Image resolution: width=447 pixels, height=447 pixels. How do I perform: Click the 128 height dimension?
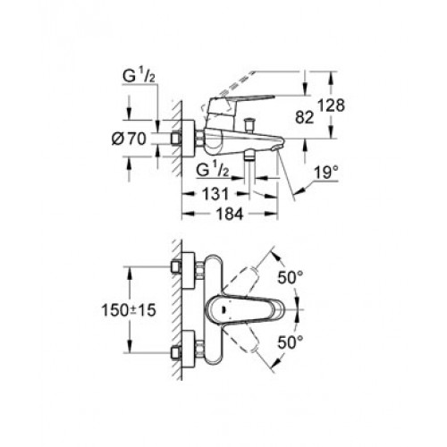[331, 105]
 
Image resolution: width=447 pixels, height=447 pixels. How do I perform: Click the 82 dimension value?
[305, 117]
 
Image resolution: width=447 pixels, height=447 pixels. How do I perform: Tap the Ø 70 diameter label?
[129, 139]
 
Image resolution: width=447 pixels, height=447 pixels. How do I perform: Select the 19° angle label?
[327, 173]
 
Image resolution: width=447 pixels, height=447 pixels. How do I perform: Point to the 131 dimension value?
[215, 194]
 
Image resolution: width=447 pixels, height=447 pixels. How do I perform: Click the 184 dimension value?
[230, 214]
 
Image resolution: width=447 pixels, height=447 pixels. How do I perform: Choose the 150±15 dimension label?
[129, 310]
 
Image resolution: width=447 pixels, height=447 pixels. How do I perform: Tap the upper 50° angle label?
[291, 278]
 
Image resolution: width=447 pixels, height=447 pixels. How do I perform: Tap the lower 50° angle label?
[291, 342]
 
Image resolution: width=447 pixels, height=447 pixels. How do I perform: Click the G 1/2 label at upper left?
[139, 77]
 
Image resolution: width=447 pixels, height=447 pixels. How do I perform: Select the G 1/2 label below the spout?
[213, 170]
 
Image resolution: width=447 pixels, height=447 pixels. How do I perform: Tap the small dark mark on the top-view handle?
[223, 310]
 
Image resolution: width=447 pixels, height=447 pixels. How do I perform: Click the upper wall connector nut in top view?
[176, 266]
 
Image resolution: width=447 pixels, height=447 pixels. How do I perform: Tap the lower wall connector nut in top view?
[176, 353]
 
